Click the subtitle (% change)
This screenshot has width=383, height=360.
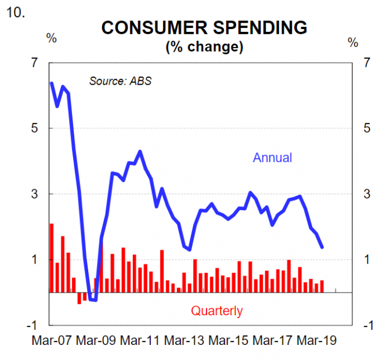[204, 46]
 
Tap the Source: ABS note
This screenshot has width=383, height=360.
[120, 81]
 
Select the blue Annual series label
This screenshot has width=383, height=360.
[272, 157]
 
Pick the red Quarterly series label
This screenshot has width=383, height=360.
[216, 311]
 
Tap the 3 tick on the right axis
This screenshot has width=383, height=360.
[366, 193]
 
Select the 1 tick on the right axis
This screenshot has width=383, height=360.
[366, 259]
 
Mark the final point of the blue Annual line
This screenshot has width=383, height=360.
[322, 247]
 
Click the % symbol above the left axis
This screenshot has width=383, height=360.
[52, 39]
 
